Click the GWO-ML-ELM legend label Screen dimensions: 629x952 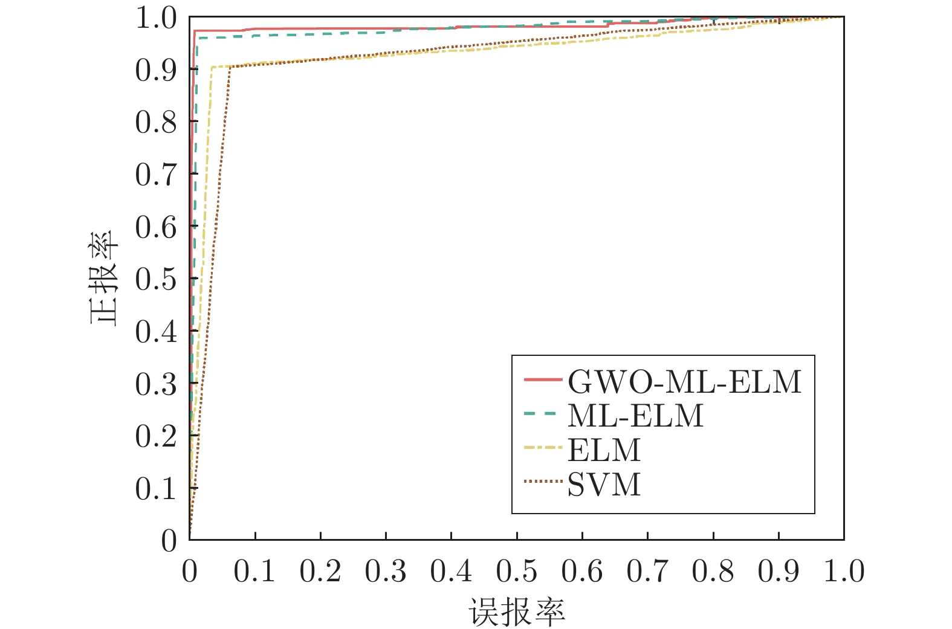point(684,381)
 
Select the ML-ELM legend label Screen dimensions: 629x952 point(635,416)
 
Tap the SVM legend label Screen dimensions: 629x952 point(604,485)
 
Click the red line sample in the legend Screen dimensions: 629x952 point(543,380)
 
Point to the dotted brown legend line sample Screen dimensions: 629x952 point(543,482)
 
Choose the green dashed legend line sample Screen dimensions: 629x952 point(543,414)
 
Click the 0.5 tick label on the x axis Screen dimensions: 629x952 point(517,571)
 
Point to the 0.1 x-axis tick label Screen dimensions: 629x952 point(254,571)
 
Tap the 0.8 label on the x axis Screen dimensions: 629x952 point(713,571)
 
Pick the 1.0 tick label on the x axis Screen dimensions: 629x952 point(844,571)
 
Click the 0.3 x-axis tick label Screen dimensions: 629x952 point(386,571)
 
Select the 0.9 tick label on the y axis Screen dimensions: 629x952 point(156,70)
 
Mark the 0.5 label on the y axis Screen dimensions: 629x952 point(156,279)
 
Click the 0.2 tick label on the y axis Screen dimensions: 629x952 point(156,436)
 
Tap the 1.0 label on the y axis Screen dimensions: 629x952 point(156,18)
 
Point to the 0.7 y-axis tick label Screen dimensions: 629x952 point(156,175)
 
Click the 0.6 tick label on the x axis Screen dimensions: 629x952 point(582,571)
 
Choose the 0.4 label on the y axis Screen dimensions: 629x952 point(156,331)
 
